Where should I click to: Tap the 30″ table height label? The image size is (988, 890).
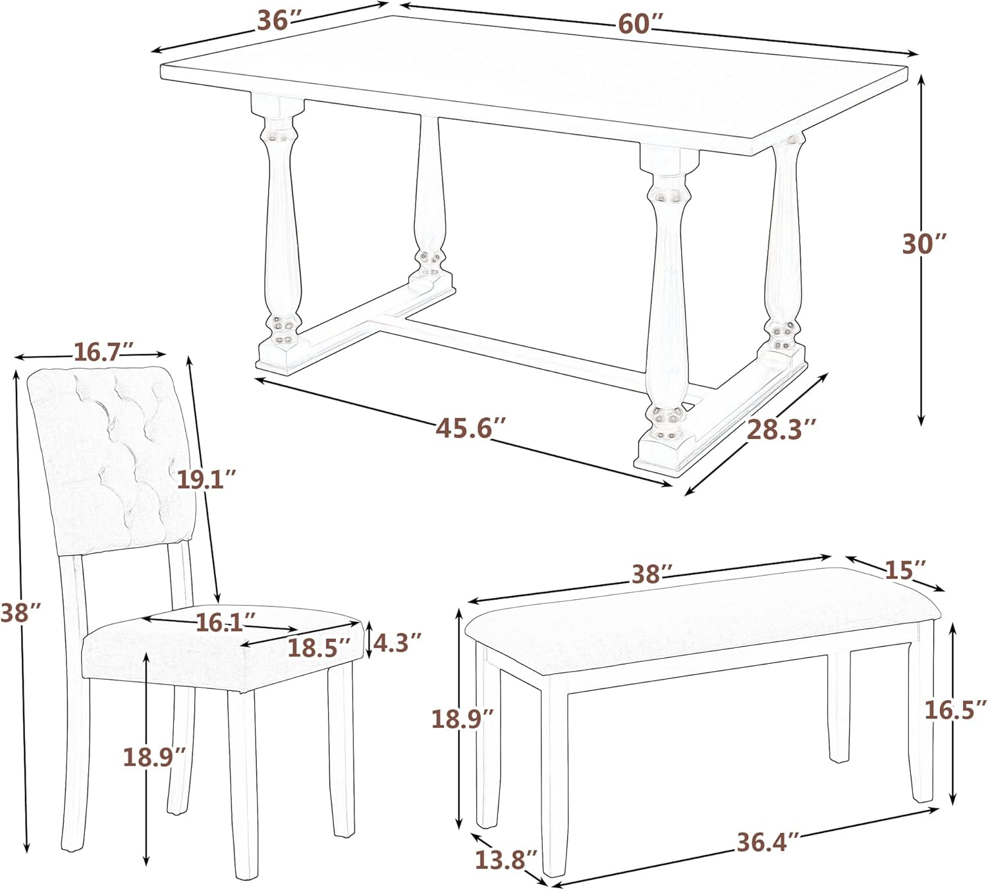(x=924, y=244)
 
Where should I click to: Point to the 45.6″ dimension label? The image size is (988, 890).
(x=470, y=429)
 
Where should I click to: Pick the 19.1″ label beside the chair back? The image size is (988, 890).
(x=206, y=479)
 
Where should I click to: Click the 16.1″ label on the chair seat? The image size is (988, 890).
(x=225, y=622)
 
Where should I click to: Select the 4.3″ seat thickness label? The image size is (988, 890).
(x=397, y=643)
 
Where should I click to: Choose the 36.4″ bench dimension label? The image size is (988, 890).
(x=767, y=843)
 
